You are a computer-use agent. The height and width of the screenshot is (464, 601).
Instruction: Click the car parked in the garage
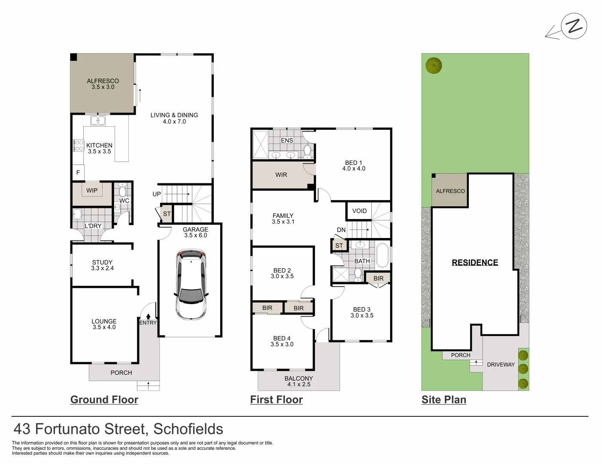coord(191,284)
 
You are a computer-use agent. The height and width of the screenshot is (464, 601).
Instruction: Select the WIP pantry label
coord(92,190)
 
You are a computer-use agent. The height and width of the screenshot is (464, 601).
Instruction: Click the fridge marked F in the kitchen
coord(78,172)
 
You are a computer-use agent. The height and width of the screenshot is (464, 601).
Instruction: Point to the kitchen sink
coord(98,120)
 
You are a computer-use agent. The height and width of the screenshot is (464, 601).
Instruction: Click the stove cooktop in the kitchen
coord(79,146)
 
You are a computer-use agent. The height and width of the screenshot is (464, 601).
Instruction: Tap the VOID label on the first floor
coord(360,211)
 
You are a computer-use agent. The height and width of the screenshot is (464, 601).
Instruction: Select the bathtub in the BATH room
coord(382,255)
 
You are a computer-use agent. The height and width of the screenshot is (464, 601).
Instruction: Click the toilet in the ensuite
coord(307,152)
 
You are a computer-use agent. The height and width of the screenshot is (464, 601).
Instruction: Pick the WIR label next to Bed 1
coord(281,175)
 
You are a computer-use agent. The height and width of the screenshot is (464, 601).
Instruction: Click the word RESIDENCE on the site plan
coord(475,263)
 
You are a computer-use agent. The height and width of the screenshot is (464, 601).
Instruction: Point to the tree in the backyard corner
coord(434,66)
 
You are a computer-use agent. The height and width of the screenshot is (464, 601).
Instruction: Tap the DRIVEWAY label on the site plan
coord(501,365)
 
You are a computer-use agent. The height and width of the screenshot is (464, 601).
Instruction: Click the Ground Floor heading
coord(104,400)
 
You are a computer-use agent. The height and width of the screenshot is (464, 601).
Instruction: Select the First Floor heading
coord(276,400)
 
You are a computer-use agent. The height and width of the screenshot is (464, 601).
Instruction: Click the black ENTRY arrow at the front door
coord(148,316)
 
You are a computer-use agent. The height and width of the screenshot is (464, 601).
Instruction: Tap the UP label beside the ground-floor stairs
coord(157,194)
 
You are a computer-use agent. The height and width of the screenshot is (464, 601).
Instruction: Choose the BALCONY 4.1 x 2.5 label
coord(299,381)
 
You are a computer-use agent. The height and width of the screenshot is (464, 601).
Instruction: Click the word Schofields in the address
coord(188,429)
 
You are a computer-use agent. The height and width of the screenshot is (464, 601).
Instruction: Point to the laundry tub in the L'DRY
coord(77,214)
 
